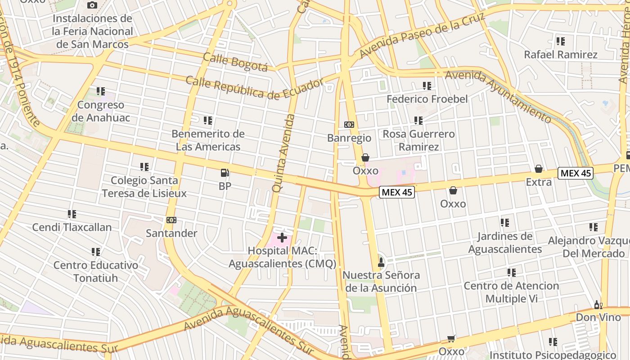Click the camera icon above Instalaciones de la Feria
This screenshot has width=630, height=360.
click(x=92, y=5)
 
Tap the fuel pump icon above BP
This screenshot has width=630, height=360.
click(x=225, y=172)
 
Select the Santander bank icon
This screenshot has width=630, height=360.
click(x=171, y=220)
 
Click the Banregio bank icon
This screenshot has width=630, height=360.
click(x=349, y=125)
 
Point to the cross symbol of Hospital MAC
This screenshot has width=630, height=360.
click(x=282, y=237)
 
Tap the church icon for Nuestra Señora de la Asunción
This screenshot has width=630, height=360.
click(x=381, y=262)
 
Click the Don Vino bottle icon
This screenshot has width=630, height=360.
click(x=598, y=305)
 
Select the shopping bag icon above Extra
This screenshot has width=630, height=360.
click(x=538, y=169)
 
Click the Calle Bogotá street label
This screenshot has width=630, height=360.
click(x=235, y=62)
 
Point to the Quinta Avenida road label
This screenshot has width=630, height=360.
click(x=283, y=153)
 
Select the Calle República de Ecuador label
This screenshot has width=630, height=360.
click(x=254, y=88)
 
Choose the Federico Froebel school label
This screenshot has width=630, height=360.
click(x=427, y=99)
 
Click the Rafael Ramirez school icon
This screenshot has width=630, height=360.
click(x=560, y=41)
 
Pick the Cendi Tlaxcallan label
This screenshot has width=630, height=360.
click(x=72, y=227)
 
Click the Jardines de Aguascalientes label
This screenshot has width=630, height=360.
click(x=505, y=243)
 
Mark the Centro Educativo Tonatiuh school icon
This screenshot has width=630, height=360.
click(x=96, y=252)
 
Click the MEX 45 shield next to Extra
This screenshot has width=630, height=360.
click(x=576, y=173)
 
